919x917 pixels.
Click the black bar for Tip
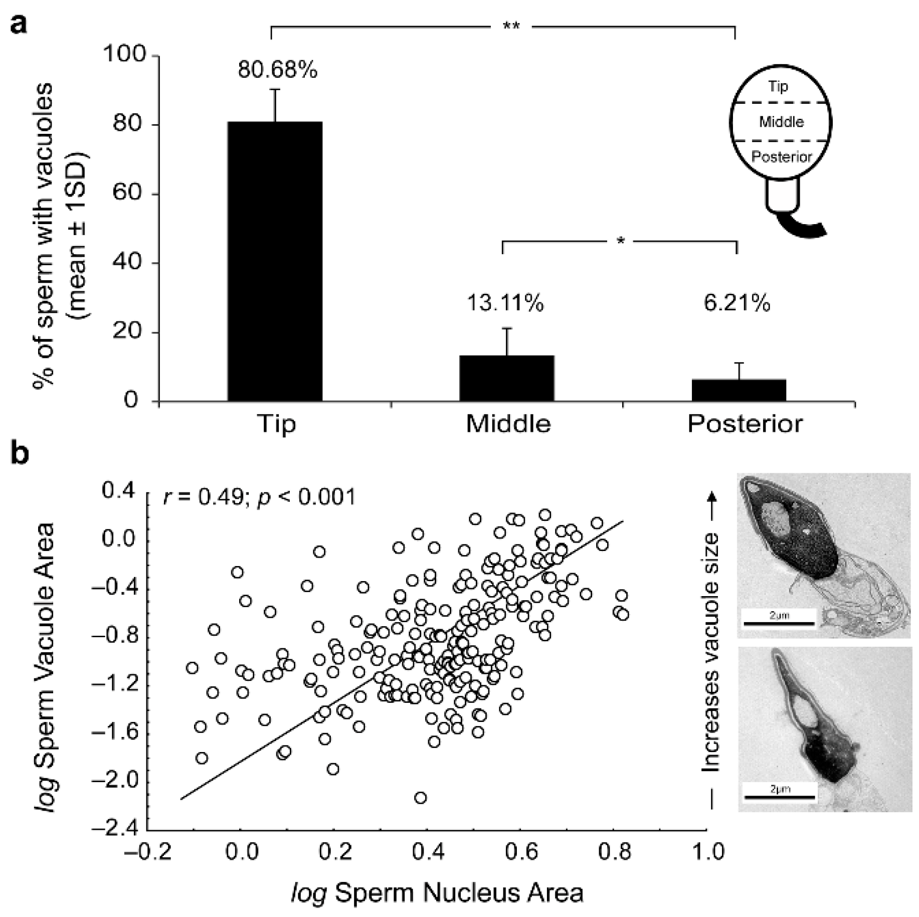point(275,261)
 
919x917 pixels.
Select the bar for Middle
point(506,378)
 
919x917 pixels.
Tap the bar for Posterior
point(739,390)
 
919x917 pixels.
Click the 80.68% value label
point(277,70)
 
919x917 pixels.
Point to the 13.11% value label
point(505,303)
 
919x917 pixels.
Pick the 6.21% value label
point(737,303)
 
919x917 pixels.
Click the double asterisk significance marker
point(511,26)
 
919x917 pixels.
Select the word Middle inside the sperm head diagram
point(781,122)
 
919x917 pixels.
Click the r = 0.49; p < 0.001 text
point(259,497)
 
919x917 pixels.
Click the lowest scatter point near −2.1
point(421,797)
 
